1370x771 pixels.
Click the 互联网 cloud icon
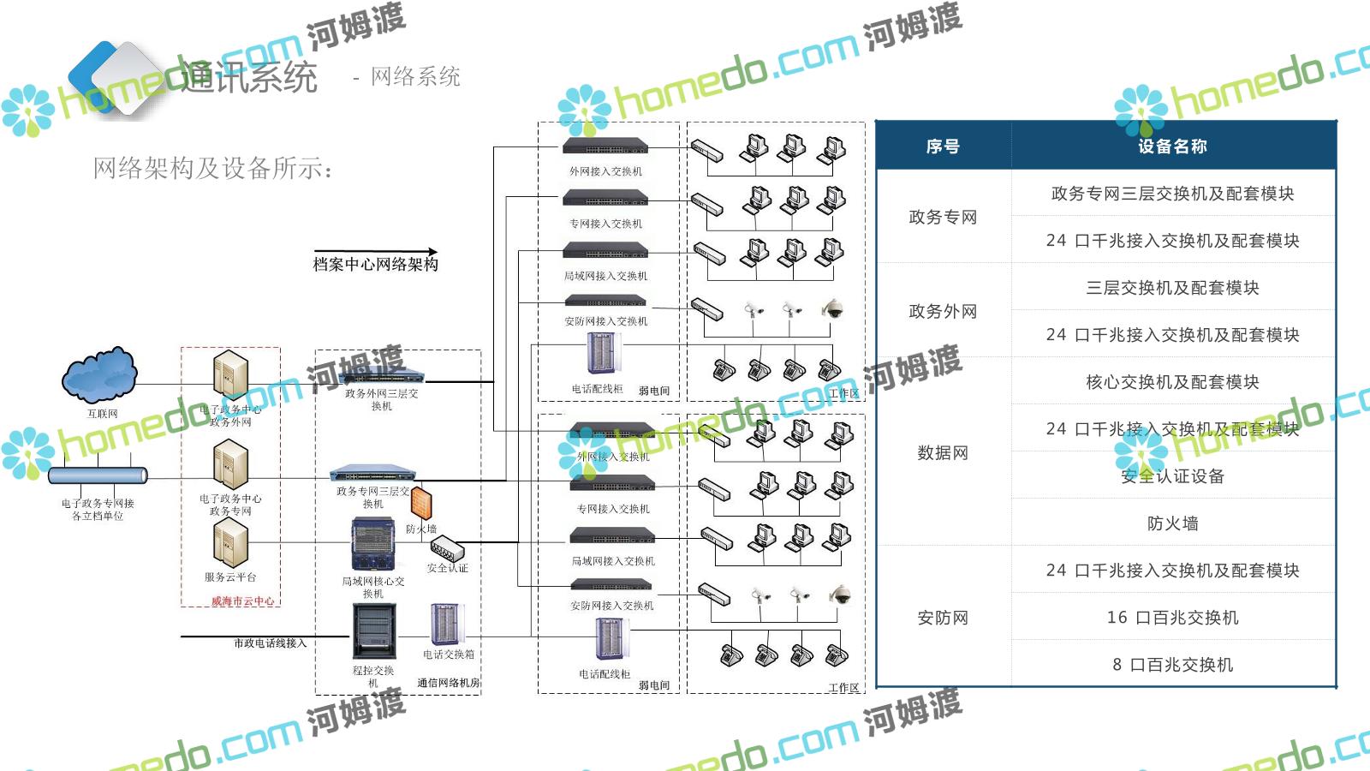[x=99, y=375]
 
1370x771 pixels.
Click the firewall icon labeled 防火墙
[x=420, y=503]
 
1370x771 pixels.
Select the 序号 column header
[x=943, y=146]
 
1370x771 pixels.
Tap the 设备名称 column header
[x=1172, y=146]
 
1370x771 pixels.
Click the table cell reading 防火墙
[x=1172, y=523]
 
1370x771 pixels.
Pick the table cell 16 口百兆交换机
[x=1172, y=618]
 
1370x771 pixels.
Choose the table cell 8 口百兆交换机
[x=1172, y=665]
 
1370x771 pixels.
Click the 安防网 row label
[x=943, y=618]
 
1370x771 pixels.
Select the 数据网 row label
[x=943, y=452]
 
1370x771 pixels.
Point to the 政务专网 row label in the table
[x=943, y=217]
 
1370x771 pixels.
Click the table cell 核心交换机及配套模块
[x=1172, y=382]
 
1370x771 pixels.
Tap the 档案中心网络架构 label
[x=375, y=265]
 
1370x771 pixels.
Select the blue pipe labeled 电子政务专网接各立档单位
[x=98, y=475]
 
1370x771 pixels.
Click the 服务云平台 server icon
[x=230, y=543]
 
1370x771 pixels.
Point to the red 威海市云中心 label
[x=243, y=601]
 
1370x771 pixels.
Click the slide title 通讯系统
[x=249, y=78]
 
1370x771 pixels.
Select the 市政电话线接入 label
[x=270, y=643]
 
